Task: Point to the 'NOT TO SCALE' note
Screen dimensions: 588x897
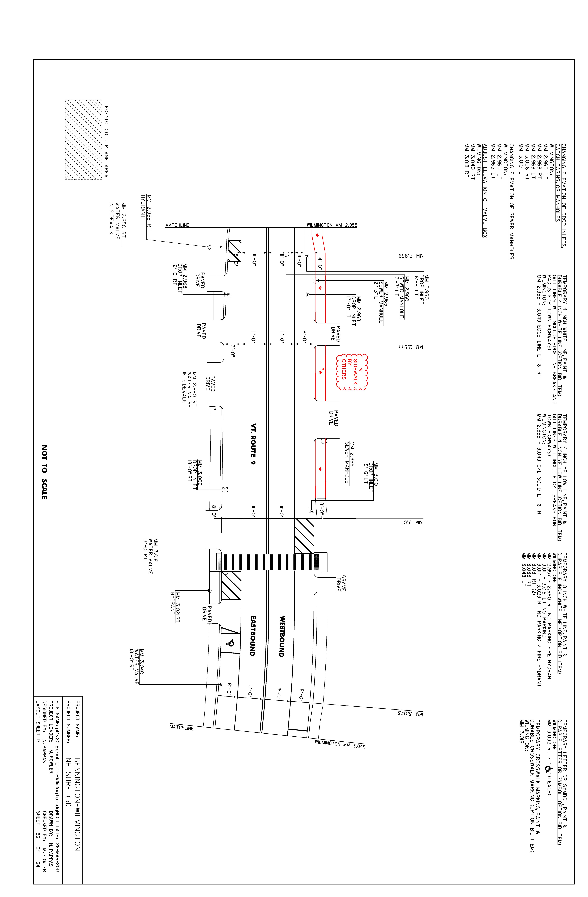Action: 44,472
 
